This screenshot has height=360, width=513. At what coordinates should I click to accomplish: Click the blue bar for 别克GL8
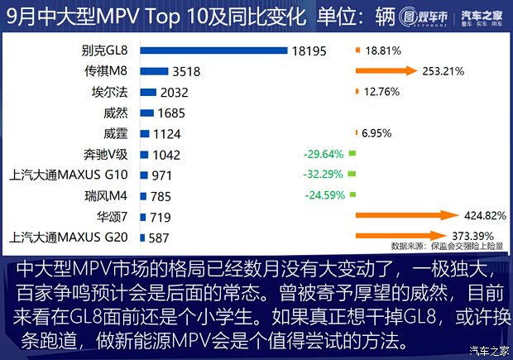pos(213,50)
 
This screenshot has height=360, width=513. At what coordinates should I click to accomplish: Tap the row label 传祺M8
pos(112,71)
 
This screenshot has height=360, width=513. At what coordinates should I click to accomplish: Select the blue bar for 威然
pos(147,113)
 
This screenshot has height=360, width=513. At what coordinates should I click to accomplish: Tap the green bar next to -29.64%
pos(351,154)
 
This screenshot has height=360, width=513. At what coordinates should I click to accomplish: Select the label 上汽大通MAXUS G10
pos(69,175)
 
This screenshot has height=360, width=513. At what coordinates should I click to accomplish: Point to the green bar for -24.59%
pos(352,196)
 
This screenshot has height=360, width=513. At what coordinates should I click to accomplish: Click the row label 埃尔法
pos(112,92)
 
